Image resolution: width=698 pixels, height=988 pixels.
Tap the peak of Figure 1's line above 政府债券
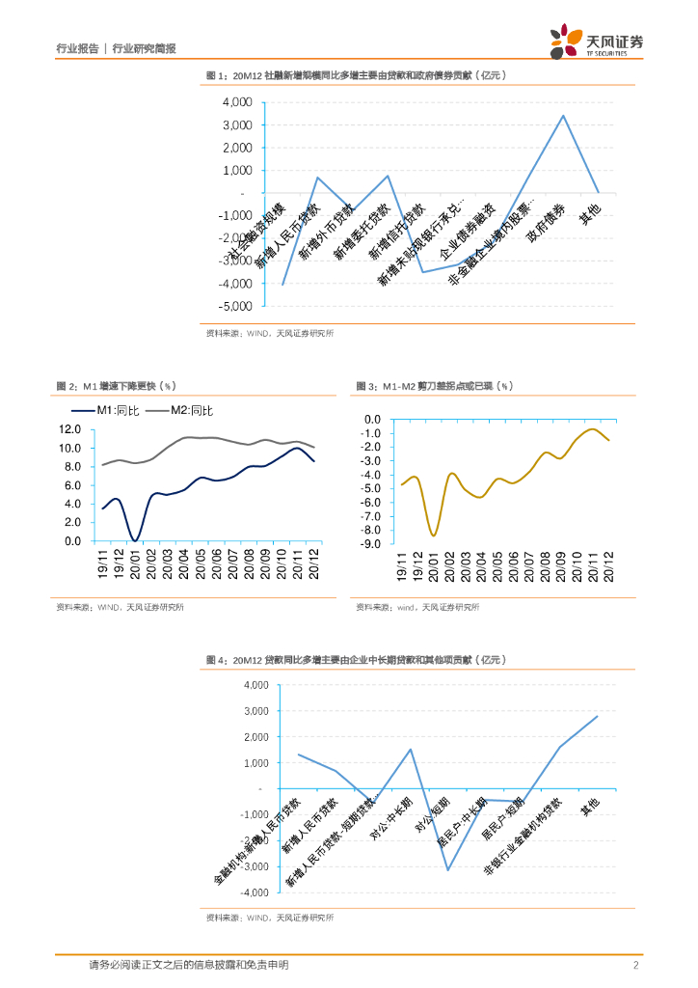pyautogui.click(x=563, y=116)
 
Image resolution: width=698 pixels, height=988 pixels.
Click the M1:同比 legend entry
pyautogui.click(x=121, y=411)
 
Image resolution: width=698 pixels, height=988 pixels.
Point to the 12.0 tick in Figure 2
pyautogui.click(x=69, y=429)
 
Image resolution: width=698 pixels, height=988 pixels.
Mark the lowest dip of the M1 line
pyautogui.click(x=136, y=540)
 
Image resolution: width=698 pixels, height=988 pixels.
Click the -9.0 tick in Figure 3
pyautogui.click(x=372, y=544)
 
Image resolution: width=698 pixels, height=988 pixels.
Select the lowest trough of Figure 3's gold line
pyautogui.click(x=434, y=535)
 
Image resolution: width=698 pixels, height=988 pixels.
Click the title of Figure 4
pyautogui.click(x=356, y=660)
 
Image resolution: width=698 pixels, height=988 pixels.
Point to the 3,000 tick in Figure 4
pyautogui.click(x=255, y=711)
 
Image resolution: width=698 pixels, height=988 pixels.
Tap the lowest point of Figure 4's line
pyautogui.click(x=447, y=870)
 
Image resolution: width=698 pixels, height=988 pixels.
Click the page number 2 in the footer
pyautogui.click(x=636, y=965)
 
